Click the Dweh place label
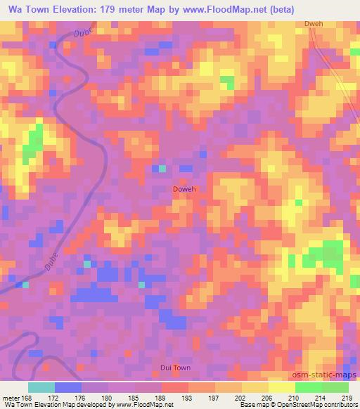coord(314,24)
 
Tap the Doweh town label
coord(184,190)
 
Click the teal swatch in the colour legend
coord(41,387)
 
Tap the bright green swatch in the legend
coord(309,387)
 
